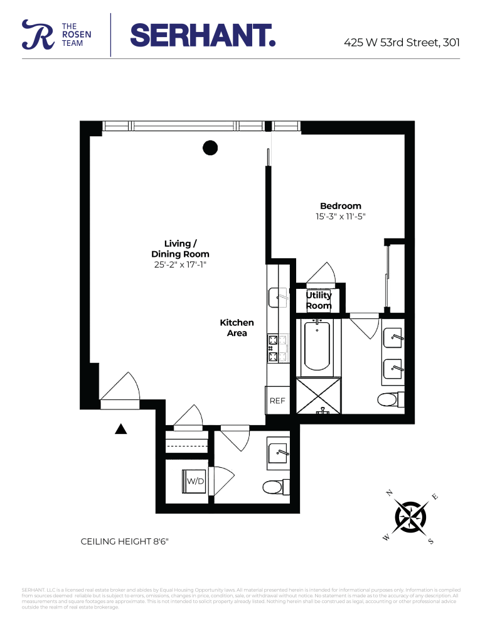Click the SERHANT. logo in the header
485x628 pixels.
click(x=203, y=35)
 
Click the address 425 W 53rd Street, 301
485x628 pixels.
click(x=402, y=43)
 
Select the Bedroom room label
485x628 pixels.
click(x=340, y=206)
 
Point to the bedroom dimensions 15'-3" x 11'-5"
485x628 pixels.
click(x=340, y=217)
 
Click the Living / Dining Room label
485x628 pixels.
click(x=180, y=249)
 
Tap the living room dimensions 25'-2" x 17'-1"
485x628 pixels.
click(x=180, y=265)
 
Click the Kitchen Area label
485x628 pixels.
click(x=237, y=328)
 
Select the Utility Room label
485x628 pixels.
click(x=319, y=300)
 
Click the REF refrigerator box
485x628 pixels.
click(x=277, y=401)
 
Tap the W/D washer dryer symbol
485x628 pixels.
click(x=196, y=481)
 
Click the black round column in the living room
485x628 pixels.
click(x=210, y=148)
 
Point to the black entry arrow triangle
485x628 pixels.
click(x=121, y=429)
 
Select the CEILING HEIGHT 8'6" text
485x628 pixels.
click(x=125, y=541)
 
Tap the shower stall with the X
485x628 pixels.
click(x=318, y=396)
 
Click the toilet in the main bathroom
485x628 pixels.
click(x=389, y=399)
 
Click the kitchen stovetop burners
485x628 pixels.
click(x=274, y=349)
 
